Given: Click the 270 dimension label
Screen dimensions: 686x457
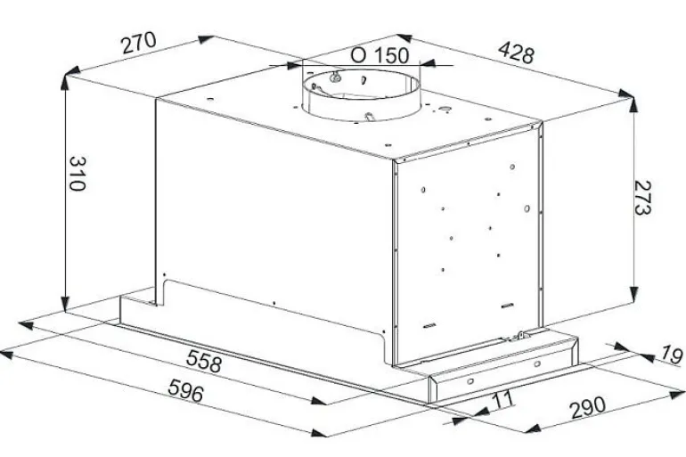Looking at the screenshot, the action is coord(139,43).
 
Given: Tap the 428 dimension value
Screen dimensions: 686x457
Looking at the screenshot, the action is coord(516,53).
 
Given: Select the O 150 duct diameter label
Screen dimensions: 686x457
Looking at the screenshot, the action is coord(380,55).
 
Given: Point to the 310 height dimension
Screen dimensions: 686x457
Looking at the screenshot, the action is coord(77,173).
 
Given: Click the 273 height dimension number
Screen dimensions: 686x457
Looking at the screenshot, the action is coord(642,197).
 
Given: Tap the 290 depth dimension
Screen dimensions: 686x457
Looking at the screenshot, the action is coord(588,407).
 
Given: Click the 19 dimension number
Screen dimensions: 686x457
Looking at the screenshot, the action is coord(671,355).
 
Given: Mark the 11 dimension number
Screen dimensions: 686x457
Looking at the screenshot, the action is coord(502,399).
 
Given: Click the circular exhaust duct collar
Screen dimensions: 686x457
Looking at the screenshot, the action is coord(361,94).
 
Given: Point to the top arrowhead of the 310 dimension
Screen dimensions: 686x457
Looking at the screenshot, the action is coord(65,83).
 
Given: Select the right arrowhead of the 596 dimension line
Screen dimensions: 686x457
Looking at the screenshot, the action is coord(319,432).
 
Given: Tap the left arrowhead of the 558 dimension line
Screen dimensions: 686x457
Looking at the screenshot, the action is coord(27,325).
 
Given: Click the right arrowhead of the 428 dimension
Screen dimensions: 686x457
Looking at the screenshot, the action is coord(625,94).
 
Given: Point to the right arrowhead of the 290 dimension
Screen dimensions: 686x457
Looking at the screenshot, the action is coord(677,395).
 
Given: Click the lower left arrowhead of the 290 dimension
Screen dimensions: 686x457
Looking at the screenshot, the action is coord(533,428).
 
